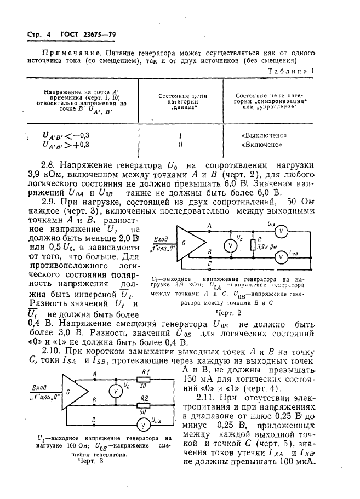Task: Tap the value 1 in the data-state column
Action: [x=180, y=135]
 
